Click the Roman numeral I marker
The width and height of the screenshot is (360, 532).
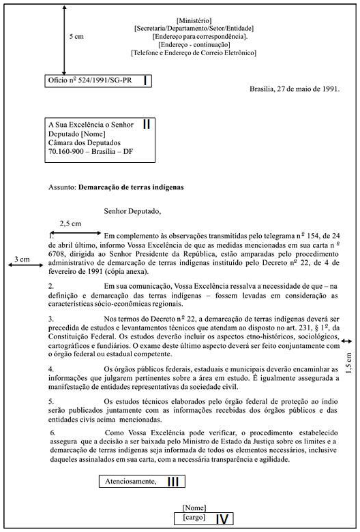(x=145, y=81)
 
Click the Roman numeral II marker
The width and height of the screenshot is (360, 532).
(x=147, y=125)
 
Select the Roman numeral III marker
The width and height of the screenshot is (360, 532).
(x=173, y=482)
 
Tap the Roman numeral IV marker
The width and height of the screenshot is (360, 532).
(x=222, y=519)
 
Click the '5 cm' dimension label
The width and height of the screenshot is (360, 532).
(x=76, y=36)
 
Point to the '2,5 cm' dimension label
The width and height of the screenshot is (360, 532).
(x=70, y=223)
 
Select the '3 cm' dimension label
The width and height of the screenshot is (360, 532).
(x=22, y=260)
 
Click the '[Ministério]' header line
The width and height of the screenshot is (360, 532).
(x=194, y=21)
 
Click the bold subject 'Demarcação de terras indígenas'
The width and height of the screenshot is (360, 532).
(x=131, y=185)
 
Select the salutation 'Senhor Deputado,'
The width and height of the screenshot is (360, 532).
(x=132, y=210)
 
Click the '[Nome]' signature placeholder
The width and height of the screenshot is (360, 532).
(x=194, y=507)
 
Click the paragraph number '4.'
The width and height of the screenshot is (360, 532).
(x=52, y=369)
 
